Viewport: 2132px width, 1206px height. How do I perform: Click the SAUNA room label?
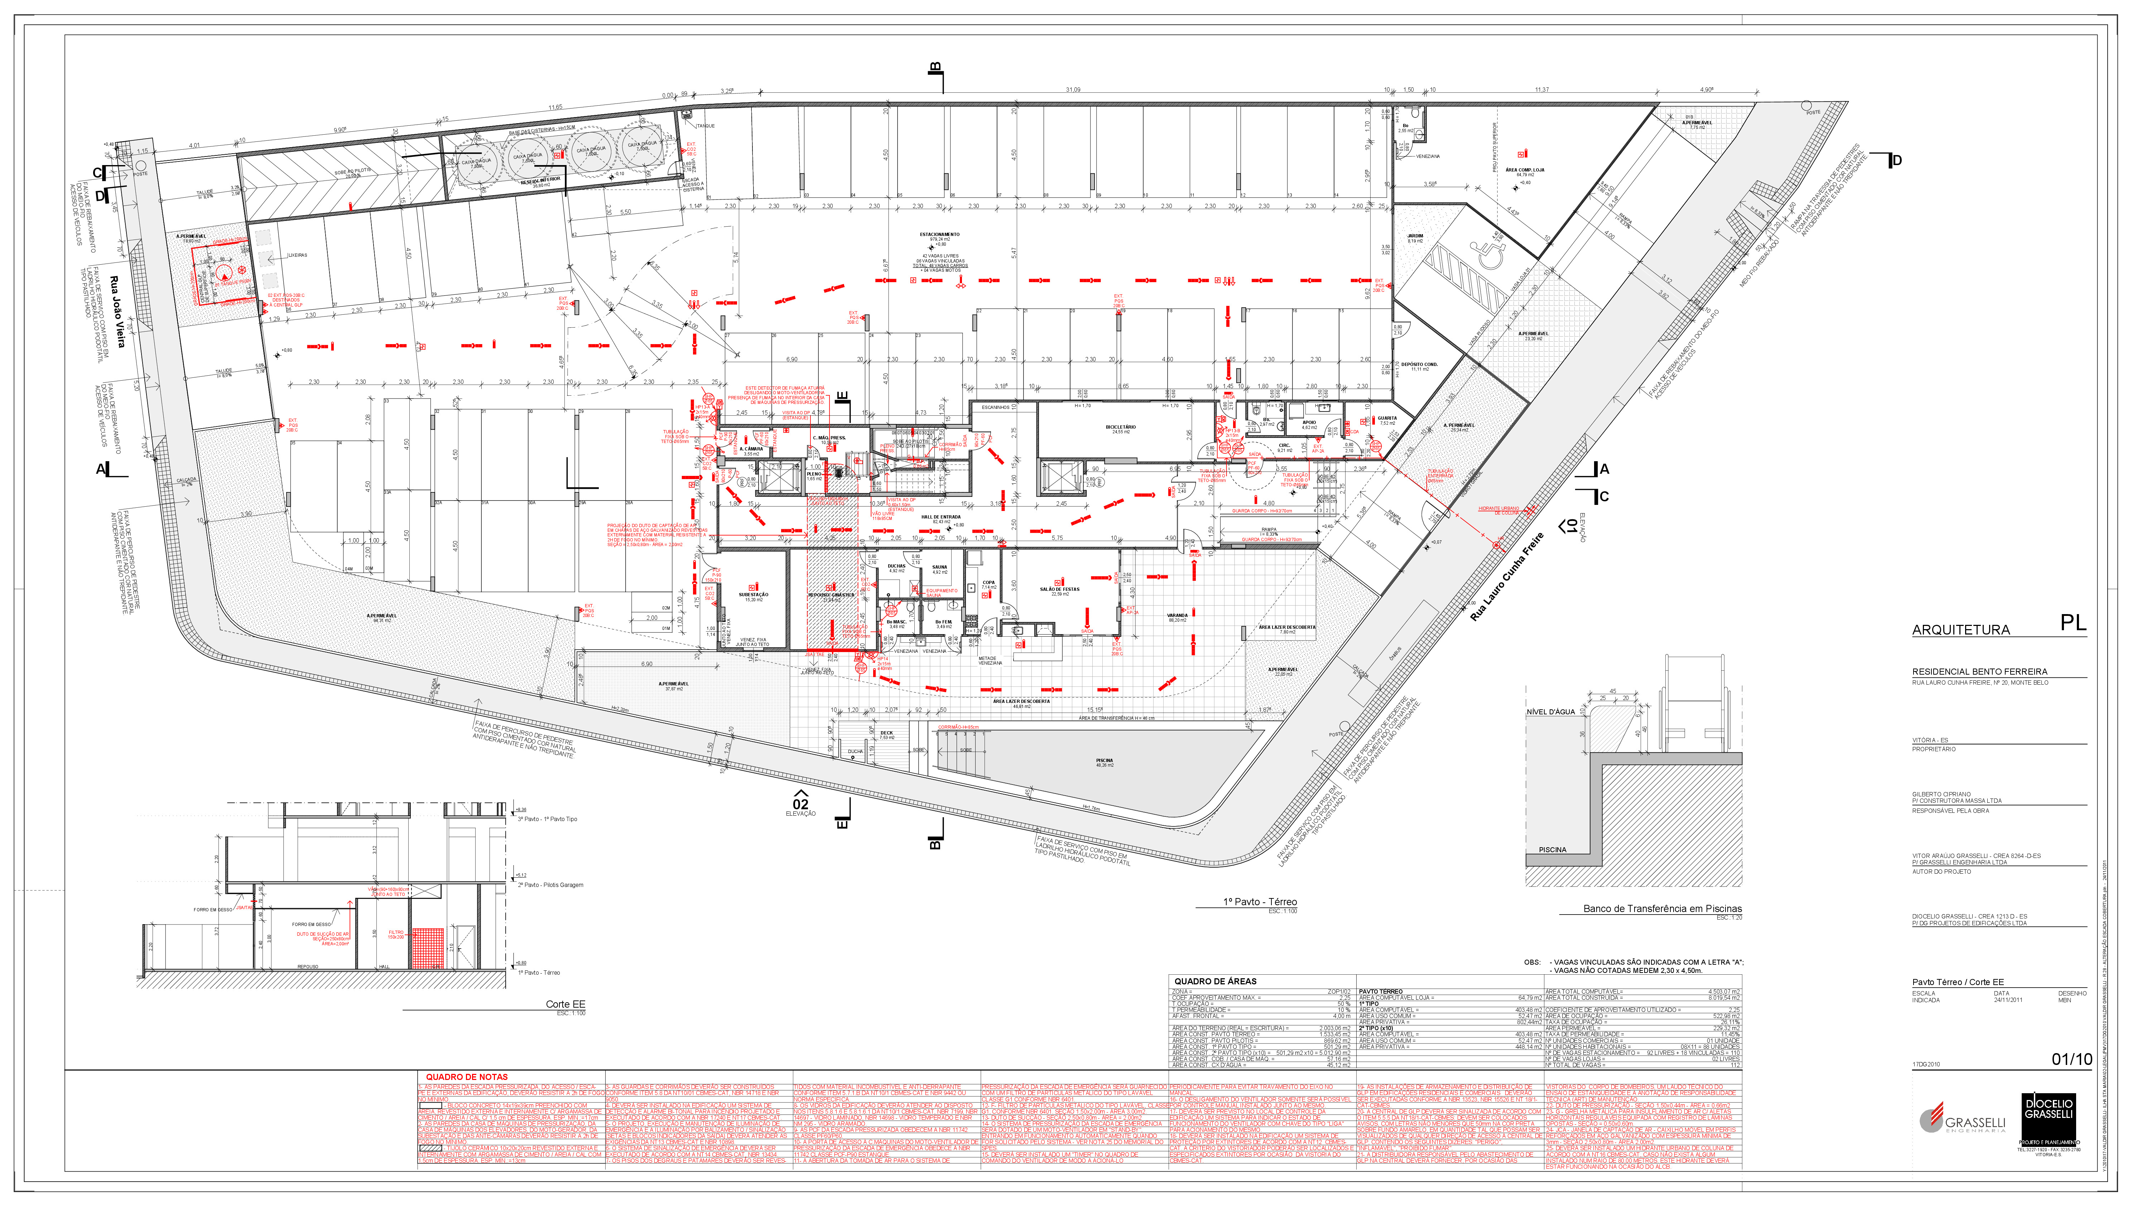pyautogui.click(x=939, y=568)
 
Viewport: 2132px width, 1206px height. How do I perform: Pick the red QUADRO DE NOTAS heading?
pyautogui.click(x=466, y=1077)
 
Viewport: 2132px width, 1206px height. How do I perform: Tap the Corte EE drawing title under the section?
pyautogui.click(x=565, y=1004)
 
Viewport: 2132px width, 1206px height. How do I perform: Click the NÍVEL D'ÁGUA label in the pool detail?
pyautogui.click(x=1550, y=711)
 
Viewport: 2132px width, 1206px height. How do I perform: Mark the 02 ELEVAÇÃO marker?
pyautogui.click(x=800, y=804)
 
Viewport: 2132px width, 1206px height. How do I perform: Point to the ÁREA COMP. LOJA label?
pyautogui.click(x=1524, y=170)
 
